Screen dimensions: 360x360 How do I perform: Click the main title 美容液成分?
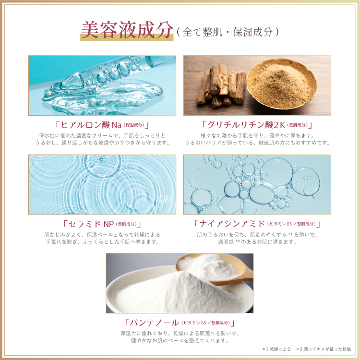[126, 30]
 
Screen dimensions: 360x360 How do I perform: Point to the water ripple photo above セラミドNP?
[102, 184]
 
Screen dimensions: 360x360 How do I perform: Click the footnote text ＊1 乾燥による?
[276, 349]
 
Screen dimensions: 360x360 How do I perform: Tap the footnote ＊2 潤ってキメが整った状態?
[324, 349]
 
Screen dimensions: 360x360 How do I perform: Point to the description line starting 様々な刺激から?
[257, 135]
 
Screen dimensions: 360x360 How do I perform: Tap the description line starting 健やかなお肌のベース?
[180, 340]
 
